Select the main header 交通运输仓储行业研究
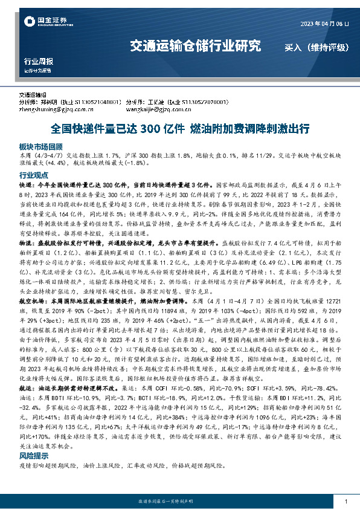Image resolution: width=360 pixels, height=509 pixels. point(196,46)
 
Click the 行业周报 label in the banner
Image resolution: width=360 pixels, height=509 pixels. point(38,62)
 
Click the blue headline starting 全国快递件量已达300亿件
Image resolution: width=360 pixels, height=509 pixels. point(180,129)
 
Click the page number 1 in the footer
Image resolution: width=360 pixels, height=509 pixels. point(345,502)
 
